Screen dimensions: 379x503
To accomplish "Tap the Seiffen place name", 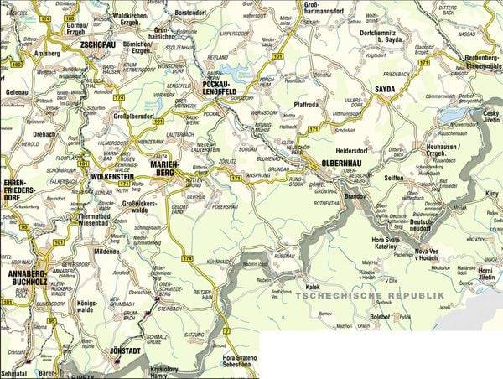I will (x=394, y=178).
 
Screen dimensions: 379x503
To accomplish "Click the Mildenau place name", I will (x=107, y=251).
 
